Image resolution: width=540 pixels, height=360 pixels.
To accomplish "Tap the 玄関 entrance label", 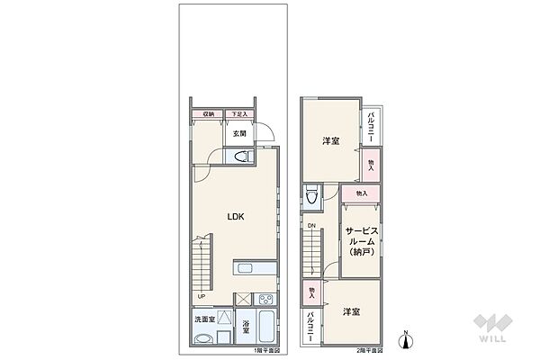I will coord(239,135).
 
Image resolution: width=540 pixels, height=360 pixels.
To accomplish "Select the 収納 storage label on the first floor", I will coord(208,114).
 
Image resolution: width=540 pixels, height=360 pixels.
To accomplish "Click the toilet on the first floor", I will coord(240,157).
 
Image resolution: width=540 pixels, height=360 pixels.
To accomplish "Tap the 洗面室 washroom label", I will coord(204,319).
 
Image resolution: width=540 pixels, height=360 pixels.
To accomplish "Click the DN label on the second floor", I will coord(310,225).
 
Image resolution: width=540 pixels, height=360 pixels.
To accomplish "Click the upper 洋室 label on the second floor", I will coord(331,141).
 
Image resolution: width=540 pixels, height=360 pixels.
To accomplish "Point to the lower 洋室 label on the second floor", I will coord(351,311).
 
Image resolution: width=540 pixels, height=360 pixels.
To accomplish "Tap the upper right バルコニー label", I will coord(373,125).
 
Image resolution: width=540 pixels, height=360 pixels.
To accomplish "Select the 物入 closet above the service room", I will coord(361,193).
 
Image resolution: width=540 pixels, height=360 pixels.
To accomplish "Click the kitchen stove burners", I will coord(266,300).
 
